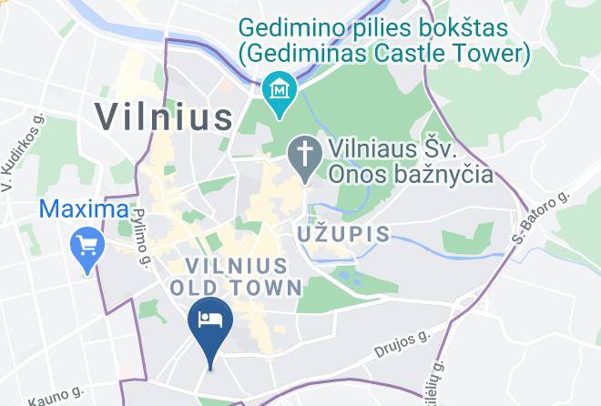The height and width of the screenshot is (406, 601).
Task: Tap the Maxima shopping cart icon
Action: (x=88, y=245)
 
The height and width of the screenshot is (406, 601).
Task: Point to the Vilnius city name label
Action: (x=165, y=117)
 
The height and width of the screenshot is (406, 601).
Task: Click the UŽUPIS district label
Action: (x=344, y=234)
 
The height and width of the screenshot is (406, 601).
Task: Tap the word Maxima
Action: (x=84, y=208)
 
